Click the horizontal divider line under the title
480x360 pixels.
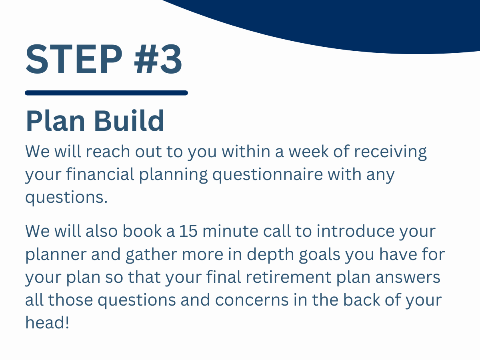click(x=106, y=93)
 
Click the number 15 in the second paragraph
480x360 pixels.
click(x=188, y=232)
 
